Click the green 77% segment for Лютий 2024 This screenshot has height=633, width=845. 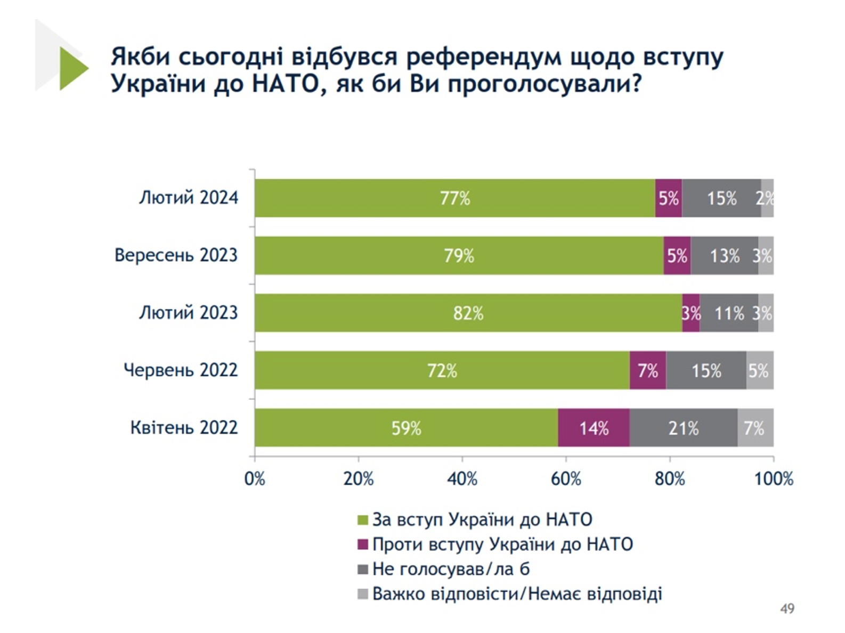tap(454, 198)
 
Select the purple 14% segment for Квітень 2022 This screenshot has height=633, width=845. tap(594, 428)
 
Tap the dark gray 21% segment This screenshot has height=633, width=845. tap(684, 428)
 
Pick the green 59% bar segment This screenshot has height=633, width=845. tap(406, 428)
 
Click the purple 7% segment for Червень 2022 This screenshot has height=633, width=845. tap(647, 370)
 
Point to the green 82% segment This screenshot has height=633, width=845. tap(468, 313)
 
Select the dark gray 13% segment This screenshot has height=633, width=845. tap(724, 256)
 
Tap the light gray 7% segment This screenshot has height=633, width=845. tap(755, 428)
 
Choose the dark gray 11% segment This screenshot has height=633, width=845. tap(728, 313)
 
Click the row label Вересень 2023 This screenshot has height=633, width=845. tap(176, 255)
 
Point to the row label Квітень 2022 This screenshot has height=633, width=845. tap(184, 427)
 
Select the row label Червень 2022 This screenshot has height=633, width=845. tap(180, 370)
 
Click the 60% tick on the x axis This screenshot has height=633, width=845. tap(566, 478)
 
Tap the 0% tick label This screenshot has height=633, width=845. tap(255, 478)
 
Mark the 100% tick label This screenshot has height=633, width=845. tap(773, 478)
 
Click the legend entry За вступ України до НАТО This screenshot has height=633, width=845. tap(482, 519)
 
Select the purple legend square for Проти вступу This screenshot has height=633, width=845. tap(363, 545)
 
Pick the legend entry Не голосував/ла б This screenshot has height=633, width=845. tap(451, 569)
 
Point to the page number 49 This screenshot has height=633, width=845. tap(787, 608)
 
